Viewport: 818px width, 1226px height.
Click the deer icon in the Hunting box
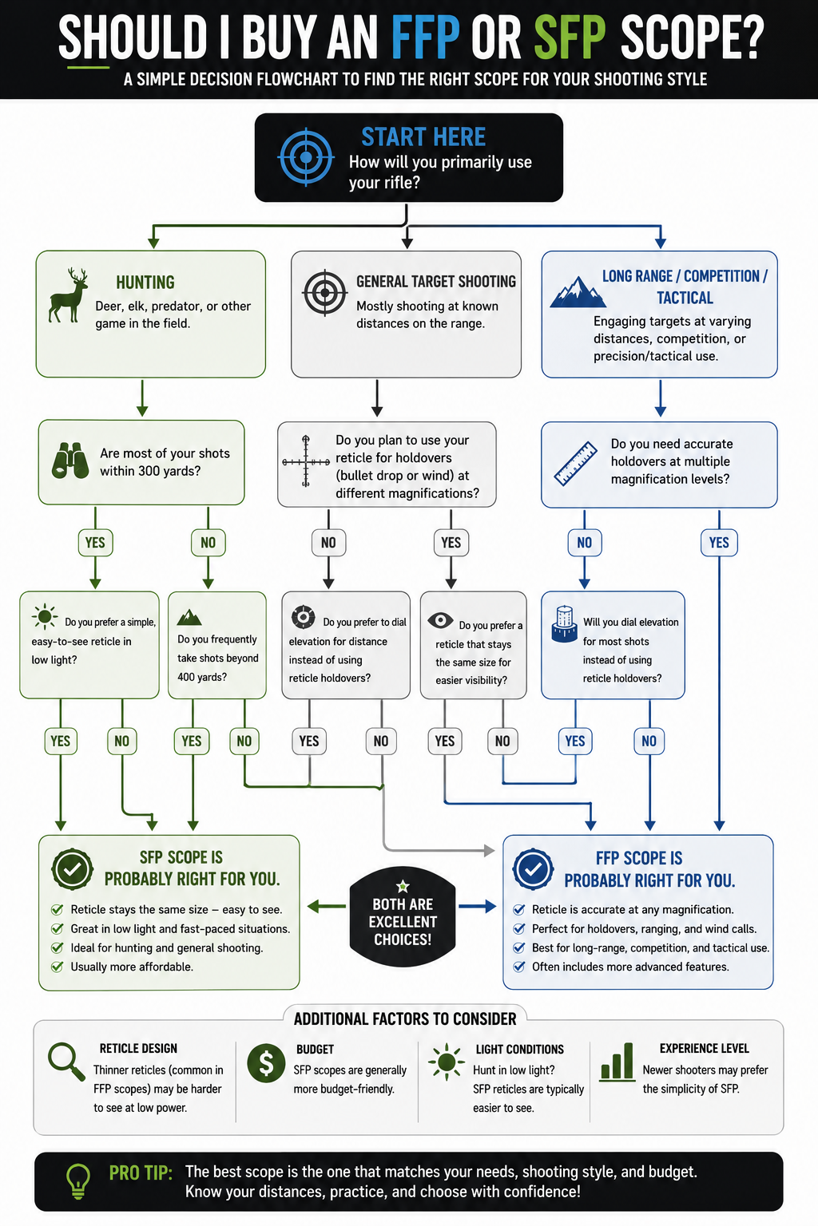[x=68, y=295]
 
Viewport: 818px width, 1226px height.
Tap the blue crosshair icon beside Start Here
[x=306, y=157]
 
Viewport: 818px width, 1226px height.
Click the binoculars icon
[x=70, y=461]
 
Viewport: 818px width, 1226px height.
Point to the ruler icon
[x=575, y=463]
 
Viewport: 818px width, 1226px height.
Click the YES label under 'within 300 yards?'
[x=95, y=543]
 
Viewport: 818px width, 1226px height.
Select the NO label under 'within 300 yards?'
[x=208, y=543]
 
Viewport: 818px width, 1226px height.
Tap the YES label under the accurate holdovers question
[x=719, y=543]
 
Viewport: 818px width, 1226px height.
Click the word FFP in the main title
[x=425, y=38]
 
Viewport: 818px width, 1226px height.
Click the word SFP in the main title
[x=570, y=38]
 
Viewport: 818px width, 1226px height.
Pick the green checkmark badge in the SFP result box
[x=73, y=868]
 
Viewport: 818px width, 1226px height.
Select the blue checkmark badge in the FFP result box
[x=533, y=868]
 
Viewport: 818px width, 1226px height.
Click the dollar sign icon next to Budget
[x=266, y=1062]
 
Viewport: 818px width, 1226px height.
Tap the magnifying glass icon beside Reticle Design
[x=66, y=1062]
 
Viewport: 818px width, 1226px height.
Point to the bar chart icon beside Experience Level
[x=617, y=1062]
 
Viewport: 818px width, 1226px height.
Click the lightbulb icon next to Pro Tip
[x=78, y=1181]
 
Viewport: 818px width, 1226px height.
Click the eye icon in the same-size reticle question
[x=440, y=620]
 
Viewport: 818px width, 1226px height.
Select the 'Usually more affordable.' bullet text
[x=132, y=967]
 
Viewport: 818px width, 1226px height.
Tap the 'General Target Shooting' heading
[x=436, y=281]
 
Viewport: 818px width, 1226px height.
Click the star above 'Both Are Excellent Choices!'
[x=403, y=885]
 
